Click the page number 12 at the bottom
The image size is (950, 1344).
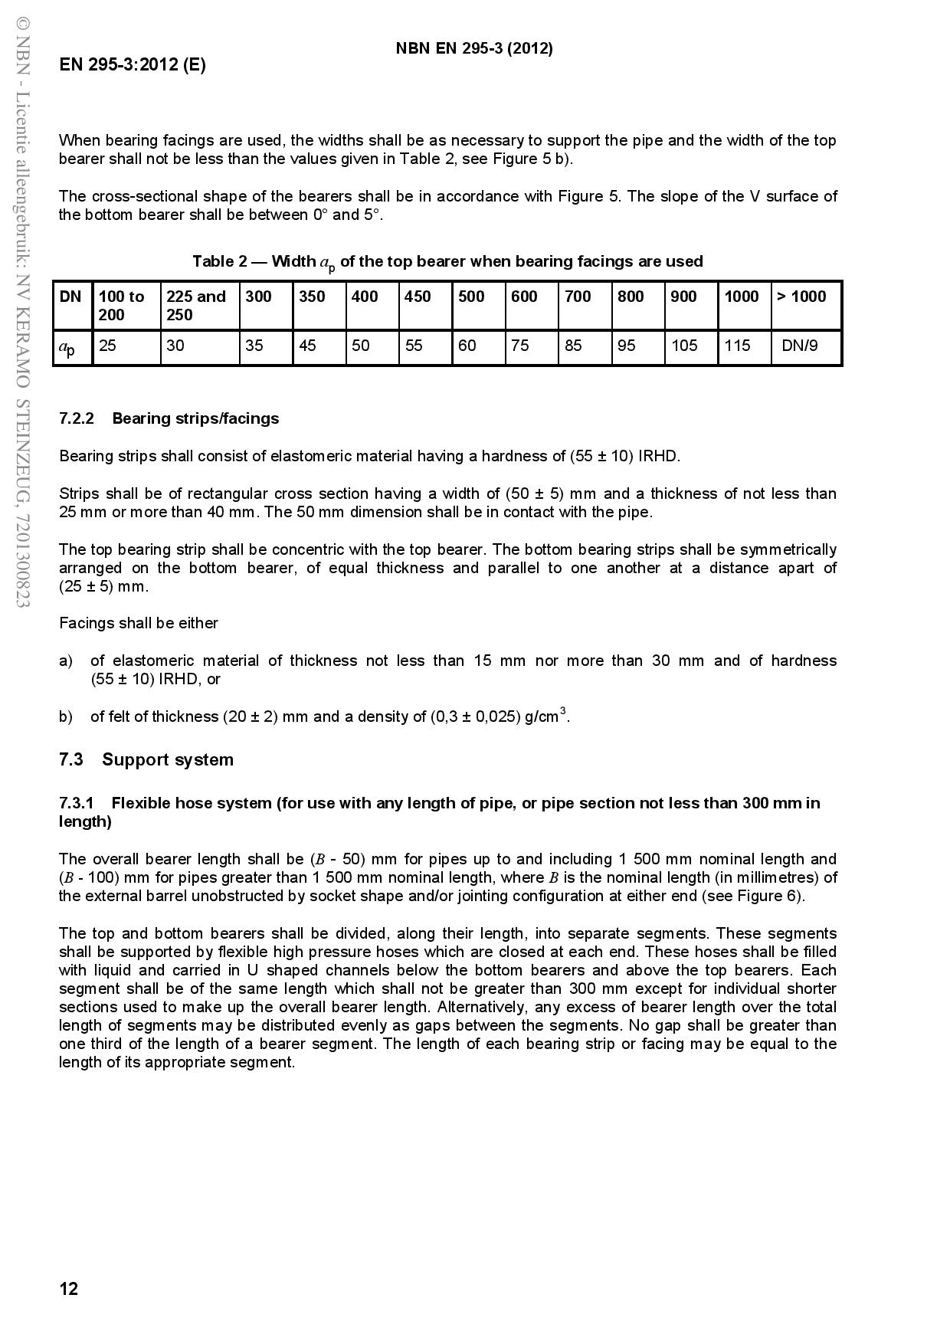69,1289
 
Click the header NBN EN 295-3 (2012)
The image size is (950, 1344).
474,49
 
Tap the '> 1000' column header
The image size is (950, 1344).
801,297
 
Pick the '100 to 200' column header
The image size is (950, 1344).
122,306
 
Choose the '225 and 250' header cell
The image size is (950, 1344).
196,306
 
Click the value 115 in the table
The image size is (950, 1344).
737,346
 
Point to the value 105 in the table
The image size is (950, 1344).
684,346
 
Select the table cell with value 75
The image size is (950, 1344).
520,346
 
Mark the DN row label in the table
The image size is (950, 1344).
70,297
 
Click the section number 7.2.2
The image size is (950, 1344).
77,418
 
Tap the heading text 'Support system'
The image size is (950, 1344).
168,760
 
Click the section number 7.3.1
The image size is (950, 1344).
77,803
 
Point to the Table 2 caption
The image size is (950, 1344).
447,262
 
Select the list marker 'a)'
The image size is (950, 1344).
66,661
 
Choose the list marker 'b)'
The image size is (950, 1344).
66,716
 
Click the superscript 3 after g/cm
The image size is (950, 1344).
563,711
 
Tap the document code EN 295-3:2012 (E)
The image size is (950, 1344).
133,65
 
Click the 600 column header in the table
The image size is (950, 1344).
524,297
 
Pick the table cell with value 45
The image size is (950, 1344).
307,346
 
